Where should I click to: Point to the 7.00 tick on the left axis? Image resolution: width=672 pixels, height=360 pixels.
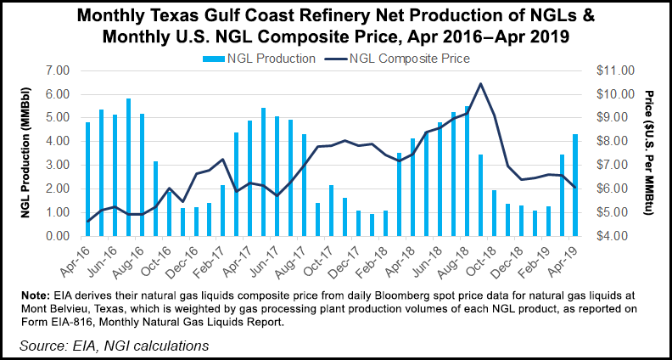coord(62,70)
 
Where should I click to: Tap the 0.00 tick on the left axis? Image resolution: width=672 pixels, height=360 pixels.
coord(62,236)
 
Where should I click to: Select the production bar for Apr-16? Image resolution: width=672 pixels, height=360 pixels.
coord(87,179)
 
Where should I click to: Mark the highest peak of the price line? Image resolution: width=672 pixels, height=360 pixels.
coord(481,83)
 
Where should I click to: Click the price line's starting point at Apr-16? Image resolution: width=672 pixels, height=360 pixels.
coord(87,222)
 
